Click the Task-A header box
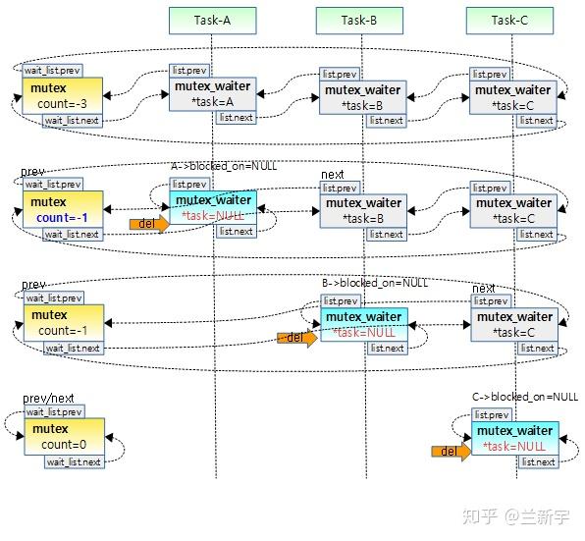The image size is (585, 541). (x=213, y=20)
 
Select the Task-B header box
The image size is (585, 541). (x=360, y=20)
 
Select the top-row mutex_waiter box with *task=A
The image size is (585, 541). (x=213, y=93)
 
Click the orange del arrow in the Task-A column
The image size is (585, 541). (x=149, y=224)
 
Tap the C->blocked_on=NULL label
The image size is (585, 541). (x=525, y=397)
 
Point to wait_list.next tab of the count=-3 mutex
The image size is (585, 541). (x=72, y=121)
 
